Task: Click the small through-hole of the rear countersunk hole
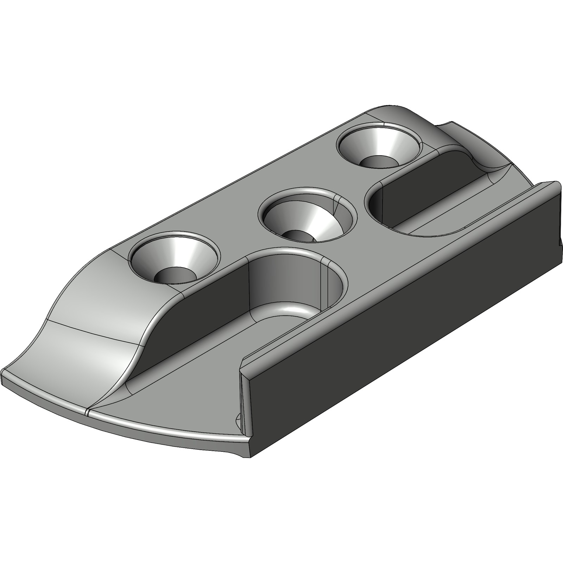click(378, 162)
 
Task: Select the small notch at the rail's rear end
click(560, 243)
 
